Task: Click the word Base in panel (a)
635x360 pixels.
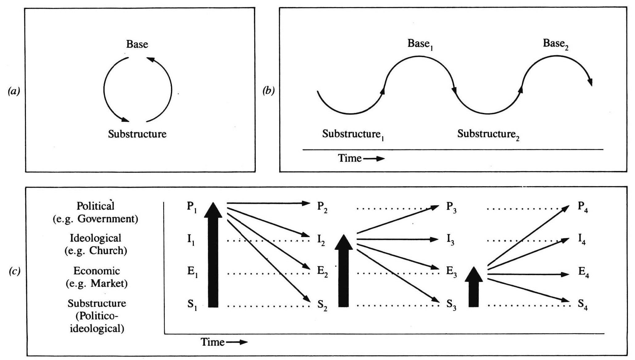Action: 137,44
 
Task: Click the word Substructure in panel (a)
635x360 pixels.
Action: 137,134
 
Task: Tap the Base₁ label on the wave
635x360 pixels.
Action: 419,44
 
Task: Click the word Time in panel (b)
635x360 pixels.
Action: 350,158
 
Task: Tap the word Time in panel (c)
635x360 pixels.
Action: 213,342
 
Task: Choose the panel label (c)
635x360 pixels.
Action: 14,271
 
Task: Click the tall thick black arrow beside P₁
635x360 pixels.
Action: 213,256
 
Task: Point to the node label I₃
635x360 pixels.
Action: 451,240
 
